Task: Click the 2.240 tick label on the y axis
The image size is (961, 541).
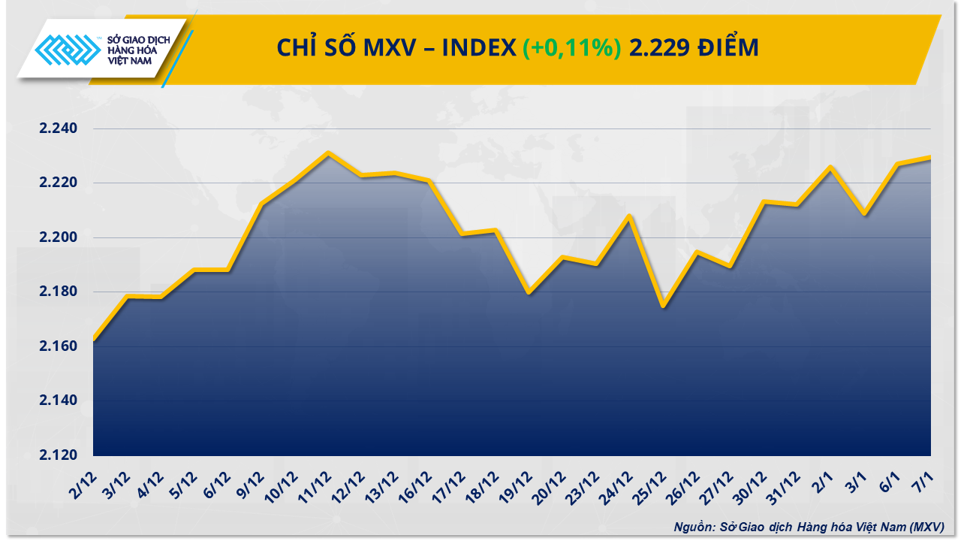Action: click(58, 128)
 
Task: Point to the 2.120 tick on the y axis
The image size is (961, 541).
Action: click(58, 455)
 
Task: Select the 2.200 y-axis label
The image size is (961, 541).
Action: click(58, 237)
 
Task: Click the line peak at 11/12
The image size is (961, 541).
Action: click(328, 153)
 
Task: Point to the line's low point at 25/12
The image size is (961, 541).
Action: click(663, 306)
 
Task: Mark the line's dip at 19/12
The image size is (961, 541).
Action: click(529, 292)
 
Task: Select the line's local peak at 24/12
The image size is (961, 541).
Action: click(629, 216)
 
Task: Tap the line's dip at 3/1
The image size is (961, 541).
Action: click(865, 214)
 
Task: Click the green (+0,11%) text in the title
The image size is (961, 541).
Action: click(572, 48)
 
